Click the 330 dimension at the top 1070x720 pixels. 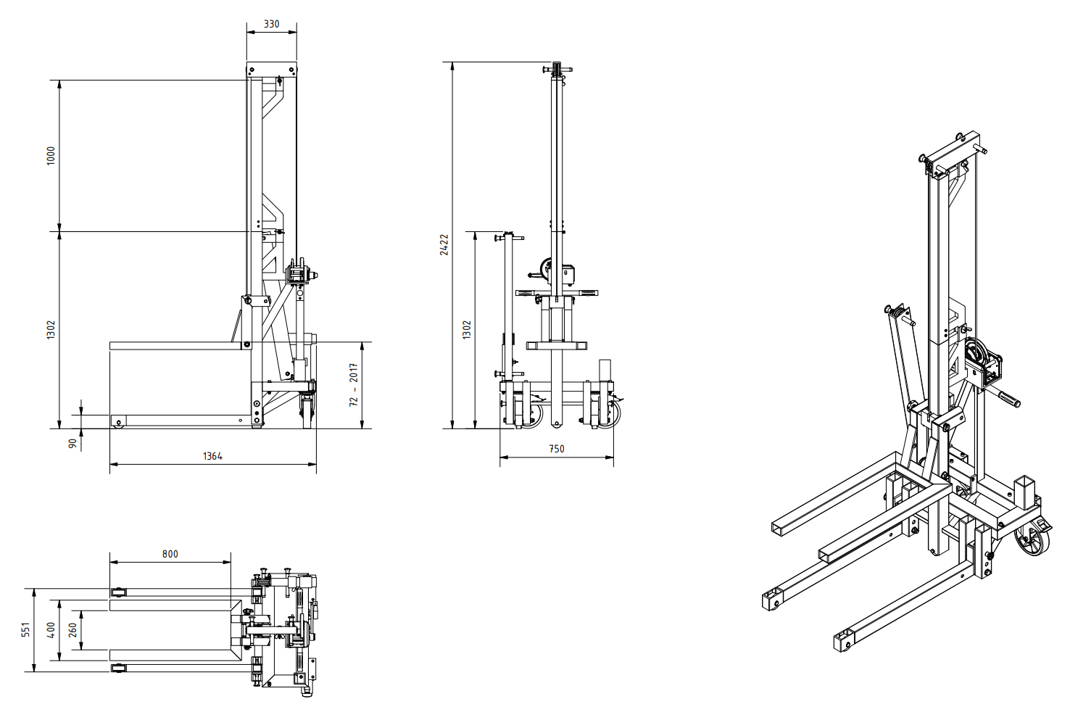pos(271,24)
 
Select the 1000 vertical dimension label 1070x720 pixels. pos(51,155)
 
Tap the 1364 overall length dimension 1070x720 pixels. pos(212,456)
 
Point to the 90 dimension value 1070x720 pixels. pos(72,443)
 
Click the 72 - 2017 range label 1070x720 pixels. pos(354,384)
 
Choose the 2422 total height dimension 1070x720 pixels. pos(444,244)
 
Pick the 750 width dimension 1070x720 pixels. pos(556,449)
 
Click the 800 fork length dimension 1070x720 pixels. pos(170,554)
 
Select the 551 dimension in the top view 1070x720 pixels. pos(25,629)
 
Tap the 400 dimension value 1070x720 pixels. pos(51,629)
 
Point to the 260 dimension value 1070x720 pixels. pos(72,629)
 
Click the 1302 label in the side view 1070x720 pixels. pos(51,330)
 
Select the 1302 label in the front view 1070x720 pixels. pos(467,330)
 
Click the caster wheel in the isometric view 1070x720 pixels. pos(1032,540)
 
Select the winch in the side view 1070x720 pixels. pos(300,275)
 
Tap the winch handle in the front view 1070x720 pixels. pos(537,275)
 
